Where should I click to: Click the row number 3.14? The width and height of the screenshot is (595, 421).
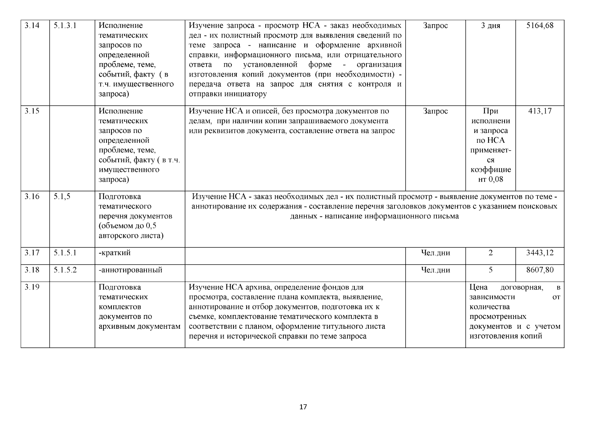(x=32, y=26)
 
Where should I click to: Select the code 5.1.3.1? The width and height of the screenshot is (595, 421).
(x=65, y=26)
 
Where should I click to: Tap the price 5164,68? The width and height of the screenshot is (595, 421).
(x=540, y=26)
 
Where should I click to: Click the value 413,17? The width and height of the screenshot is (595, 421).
(x=540, y=111)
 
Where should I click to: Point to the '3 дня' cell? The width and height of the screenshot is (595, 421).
(x=491, y=26)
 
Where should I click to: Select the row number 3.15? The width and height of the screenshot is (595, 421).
(x=32, y=111)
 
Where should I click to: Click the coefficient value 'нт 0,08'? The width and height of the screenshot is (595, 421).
(x=491, y=180)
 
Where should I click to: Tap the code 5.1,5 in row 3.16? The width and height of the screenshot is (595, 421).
(x=62, y=197)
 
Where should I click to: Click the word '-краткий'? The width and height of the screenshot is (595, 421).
(x=115, y=253)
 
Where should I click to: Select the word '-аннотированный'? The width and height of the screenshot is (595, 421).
(x=130, y=270)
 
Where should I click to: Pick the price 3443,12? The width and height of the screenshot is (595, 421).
(x=540, y=253)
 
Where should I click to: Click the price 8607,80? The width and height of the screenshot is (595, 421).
(x=540, y=270)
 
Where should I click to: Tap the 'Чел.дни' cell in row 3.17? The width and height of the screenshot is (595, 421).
(x=435, y=253)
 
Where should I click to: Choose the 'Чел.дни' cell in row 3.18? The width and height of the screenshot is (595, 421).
(x=435, y=270)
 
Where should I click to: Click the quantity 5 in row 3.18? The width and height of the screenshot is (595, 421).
(x=491, y=270)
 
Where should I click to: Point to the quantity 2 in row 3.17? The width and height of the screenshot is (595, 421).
(x=491, y=253)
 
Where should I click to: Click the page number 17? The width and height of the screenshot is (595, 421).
(x=303, y=407)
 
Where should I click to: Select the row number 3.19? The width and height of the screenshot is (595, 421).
(x=32, y=287)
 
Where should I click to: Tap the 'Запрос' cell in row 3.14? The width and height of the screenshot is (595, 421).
(x=435, y=26)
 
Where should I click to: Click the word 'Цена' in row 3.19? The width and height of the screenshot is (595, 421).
(x=479, y=287)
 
